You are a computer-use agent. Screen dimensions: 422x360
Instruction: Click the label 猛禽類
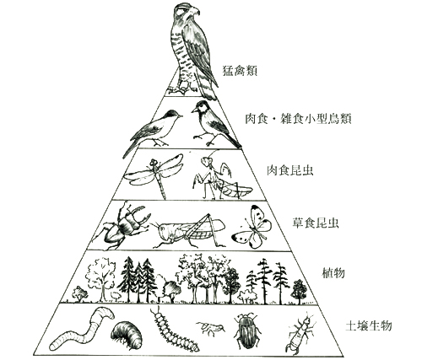click(x=240, y=71)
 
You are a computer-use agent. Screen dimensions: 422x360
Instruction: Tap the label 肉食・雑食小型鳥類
click(x=298, y=119)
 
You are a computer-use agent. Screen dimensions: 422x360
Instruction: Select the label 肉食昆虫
click(x=289, y=170)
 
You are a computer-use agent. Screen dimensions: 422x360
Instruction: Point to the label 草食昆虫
click(x=315, y=223)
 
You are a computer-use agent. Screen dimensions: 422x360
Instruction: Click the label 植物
click(x=333, y=273)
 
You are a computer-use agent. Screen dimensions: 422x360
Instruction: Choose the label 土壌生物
click(x=368, y=326)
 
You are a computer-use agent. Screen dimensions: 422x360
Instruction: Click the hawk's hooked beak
click(x=195, y=11)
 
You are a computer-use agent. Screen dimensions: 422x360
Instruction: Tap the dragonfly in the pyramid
click(x=154, y=175)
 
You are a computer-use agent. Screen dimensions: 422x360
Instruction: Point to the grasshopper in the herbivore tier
click(x=188, y=230)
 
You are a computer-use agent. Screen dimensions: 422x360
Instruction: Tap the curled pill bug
click(x=127, y=335)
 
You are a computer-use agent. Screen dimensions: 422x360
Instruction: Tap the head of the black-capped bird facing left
click(x=202, y=107)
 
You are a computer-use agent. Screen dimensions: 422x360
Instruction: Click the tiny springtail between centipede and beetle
click(x=210, y=328)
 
